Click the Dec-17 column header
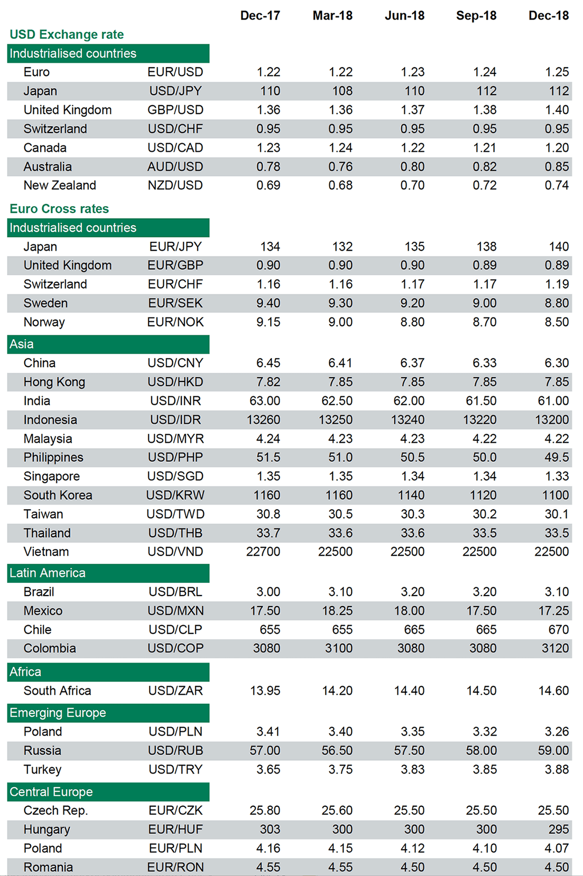260,16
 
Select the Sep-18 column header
476,16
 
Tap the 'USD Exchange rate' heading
67,35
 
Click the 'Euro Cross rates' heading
59,209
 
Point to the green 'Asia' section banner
108,344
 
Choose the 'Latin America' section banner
108,573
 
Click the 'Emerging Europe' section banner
108,713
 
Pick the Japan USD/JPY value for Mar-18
342,91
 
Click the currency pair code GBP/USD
175,110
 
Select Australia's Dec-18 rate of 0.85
557,167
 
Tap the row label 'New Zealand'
60,186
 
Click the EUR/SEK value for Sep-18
484,304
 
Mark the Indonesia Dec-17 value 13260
263,420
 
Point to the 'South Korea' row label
58,496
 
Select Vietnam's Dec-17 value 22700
263,552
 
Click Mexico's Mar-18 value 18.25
337,611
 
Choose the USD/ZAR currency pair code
175,691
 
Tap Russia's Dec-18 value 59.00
553,751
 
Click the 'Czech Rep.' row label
55,811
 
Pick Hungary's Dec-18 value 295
558,830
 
